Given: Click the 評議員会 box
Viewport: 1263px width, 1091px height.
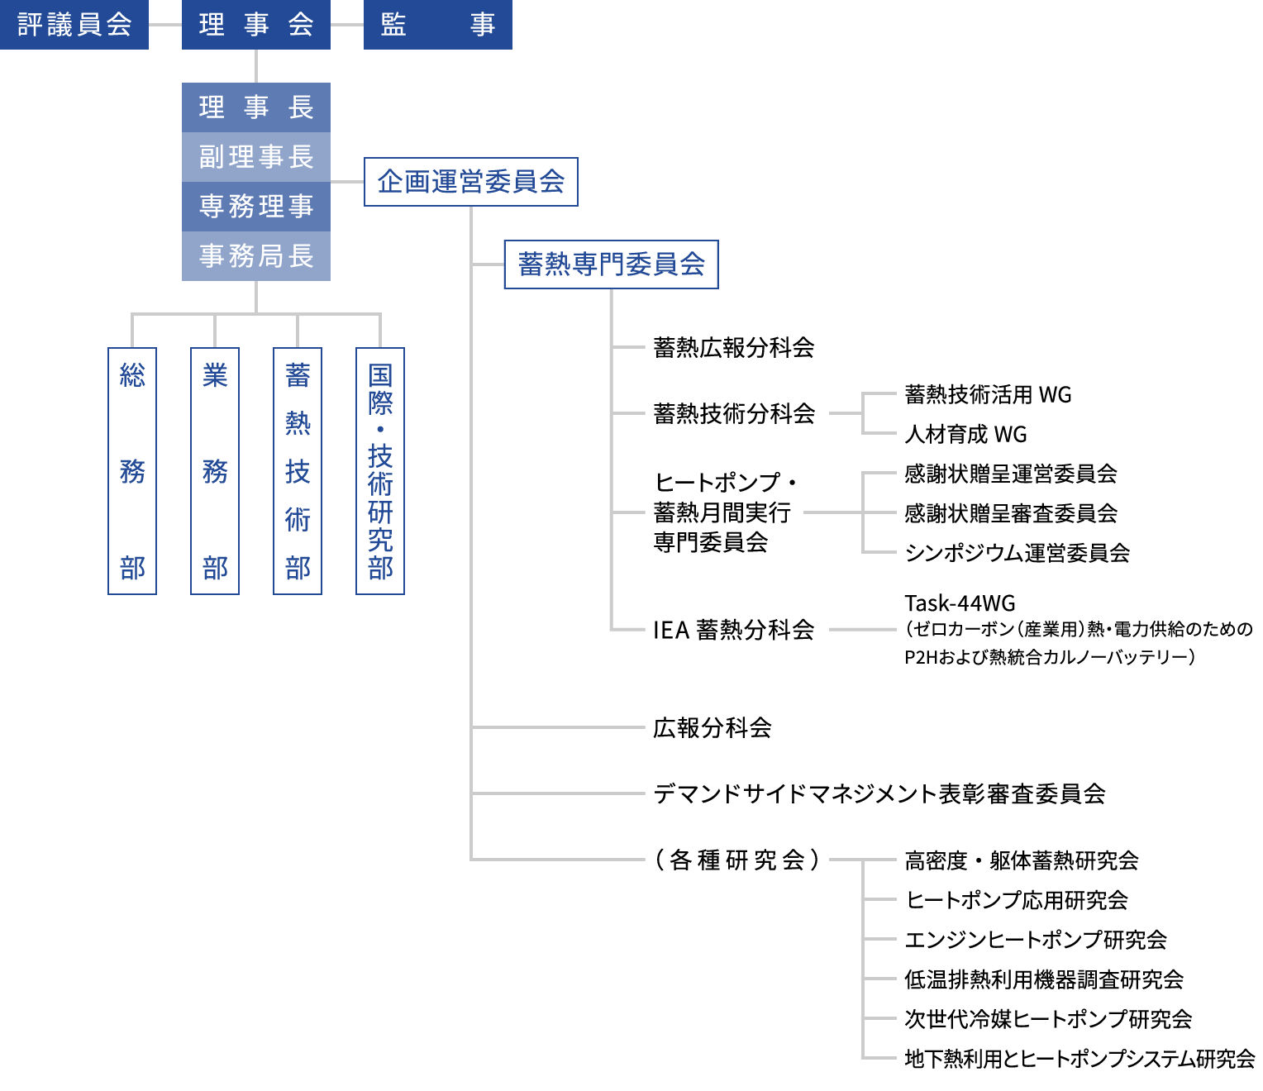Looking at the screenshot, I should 74,25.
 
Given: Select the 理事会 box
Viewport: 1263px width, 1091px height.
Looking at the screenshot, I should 256,25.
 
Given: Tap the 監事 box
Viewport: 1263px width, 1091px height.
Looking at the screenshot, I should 438,25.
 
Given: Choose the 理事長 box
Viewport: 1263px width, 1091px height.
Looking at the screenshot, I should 256,107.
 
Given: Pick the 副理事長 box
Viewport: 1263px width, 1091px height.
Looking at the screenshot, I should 256,157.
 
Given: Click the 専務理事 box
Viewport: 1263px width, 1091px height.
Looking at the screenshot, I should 256,207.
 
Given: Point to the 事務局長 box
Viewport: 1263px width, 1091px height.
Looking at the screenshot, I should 256,256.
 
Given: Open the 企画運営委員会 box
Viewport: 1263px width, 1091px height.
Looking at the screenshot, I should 471,182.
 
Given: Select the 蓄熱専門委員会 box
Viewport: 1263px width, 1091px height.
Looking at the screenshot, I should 612,264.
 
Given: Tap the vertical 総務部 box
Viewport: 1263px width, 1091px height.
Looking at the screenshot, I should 132,471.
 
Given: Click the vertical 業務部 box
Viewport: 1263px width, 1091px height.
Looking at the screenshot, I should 215,471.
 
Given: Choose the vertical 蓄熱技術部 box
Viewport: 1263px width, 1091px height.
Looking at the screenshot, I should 298,471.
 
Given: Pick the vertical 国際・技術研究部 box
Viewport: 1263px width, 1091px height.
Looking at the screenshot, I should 380,471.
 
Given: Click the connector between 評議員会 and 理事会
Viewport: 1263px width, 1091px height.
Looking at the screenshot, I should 165,25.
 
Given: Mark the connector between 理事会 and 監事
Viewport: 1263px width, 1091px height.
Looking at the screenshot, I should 347,25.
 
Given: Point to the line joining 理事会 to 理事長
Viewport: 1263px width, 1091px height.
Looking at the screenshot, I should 256,66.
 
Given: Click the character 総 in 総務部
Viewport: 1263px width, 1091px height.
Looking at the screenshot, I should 132,375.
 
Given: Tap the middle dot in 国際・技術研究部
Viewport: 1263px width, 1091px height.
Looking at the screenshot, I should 380,429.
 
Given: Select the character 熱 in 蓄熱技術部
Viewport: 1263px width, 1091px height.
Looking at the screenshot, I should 298,423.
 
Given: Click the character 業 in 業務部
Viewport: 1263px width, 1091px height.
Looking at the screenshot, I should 215,375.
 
